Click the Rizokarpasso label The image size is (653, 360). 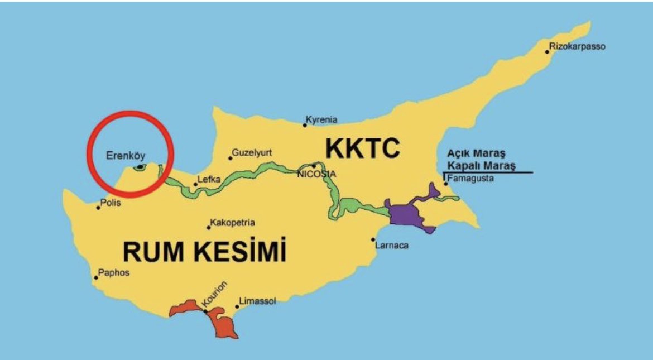(578, 46)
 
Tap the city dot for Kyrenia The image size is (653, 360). (305, 125)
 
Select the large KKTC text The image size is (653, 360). (363, 148)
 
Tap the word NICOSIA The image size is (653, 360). (316, 174)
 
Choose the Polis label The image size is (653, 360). (111, 203)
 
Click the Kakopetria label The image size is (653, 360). (233, 223)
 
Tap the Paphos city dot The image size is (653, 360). (96, 277)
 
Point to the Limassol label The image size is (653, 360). (257, 301)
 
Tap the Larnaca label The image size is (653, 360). (392, 245)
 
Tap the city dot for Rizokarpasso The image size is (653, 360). (547, 52)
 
